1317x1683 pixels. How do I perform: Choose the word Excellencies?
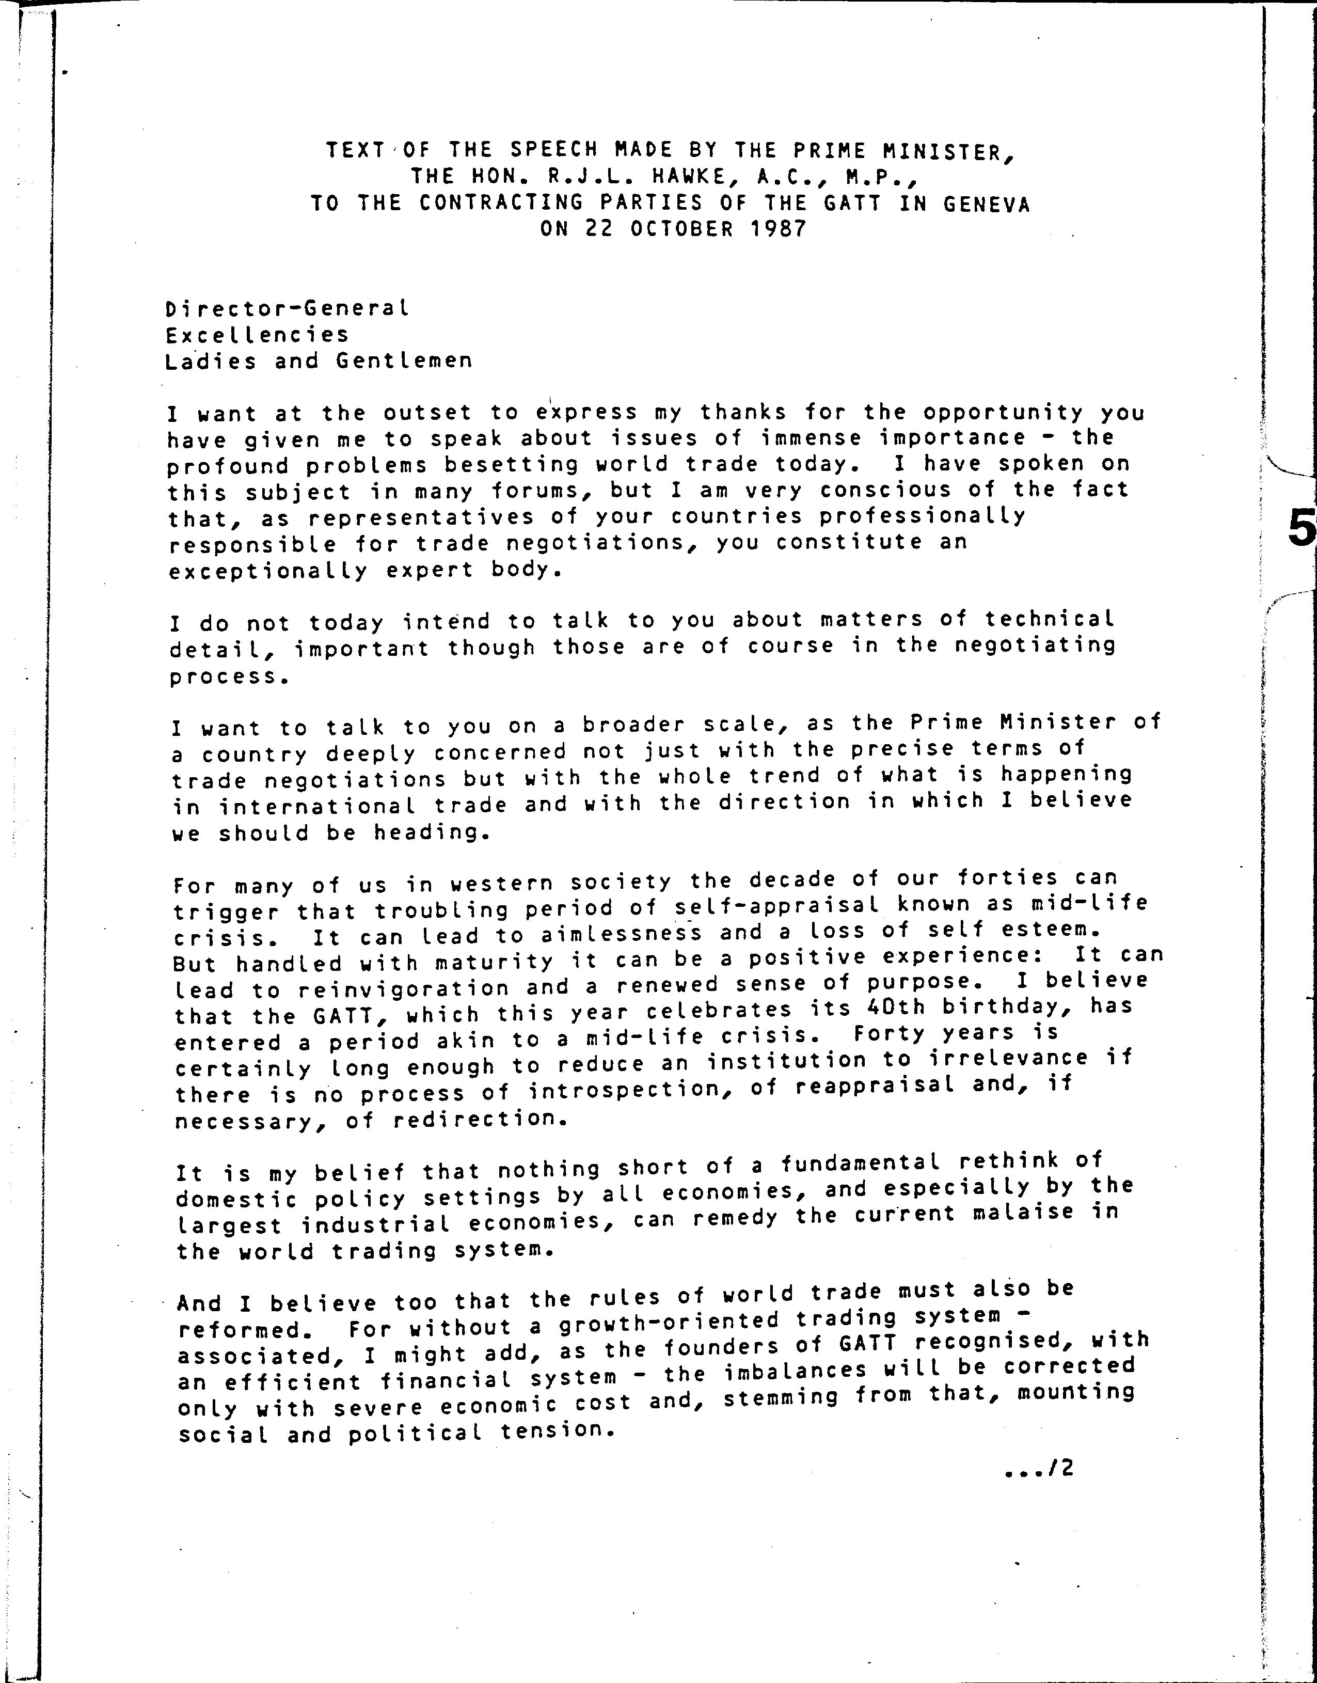257,335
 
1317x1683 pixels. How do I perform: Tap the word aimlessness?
622,934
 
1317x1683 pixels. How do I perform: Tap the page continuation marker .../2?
1039,1469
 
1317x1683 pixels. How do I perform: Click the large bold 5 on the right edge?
1302,531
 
